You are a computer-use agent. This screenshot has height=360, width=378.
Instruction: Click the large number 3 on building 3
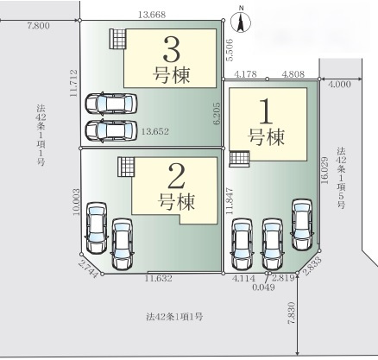(x=172, y=47)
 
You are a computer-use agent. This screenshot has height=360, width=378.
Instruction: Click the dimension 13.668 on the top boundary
(x=153, y=14)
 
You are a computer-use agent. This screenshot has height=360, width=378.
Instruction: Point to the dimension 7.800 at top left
(x=37, y=28)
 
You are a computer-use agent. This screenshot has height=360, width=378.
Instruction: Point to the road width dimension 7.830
(x=290, y=318)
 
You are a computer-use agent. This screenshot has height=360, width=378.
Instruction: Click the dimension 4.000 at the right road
(x=338, y=84)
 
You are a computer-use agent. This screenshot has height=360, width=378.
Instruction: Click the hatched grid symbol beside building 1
(x=239, y=158)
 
